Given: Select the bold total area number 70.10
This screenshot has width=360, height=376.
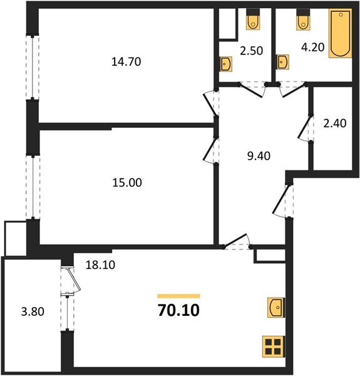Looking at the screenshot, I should [x=178, y=310].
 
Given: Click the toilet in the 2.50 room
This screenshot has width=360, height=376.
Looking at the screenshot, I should [x=253, y=20].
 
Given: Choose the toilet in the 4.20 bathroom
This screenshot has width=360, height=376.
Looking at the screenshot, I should [x=304, y=20].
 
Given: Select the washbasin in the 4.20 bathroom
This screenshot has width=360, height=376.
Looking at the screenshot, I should [x=284, y=61].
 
